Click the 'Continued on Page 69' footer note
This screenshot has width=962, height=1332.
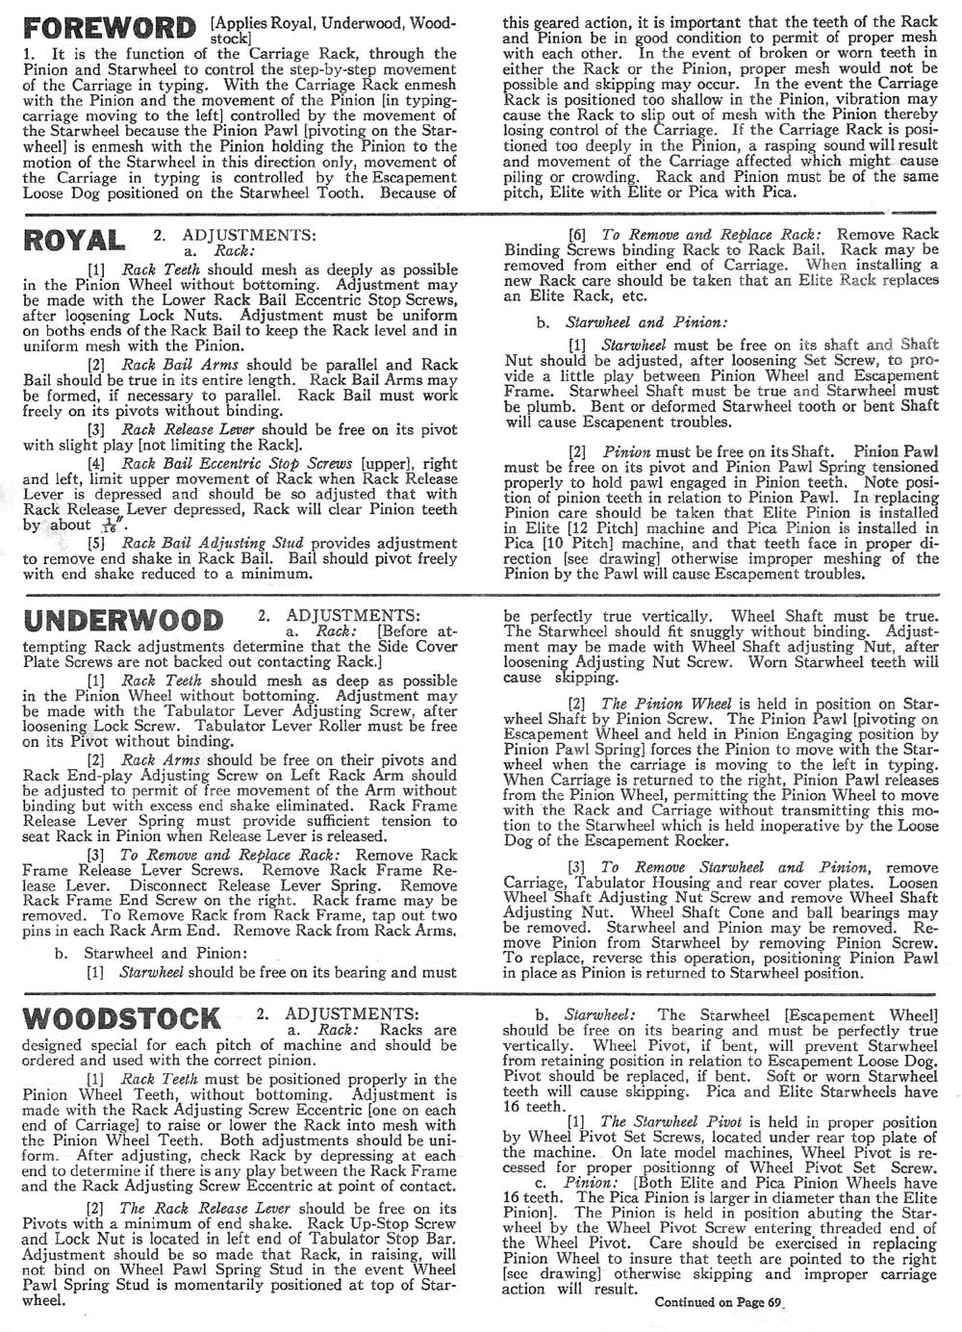719,1303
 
